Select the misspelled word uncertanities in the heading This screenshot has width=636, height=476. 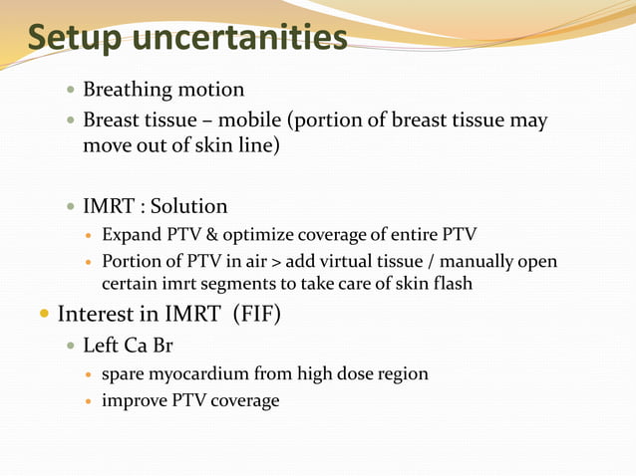pyautogui.click(x=240, y=39)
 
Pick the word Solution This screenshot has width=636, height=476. pyautogui.click(x=188, y=206)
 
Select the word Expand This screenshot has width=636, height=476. pyautogui.click(x=132, y=235)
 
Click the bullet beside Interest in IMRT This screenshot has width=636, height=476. pyautogui.click(x=43, y=316)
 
